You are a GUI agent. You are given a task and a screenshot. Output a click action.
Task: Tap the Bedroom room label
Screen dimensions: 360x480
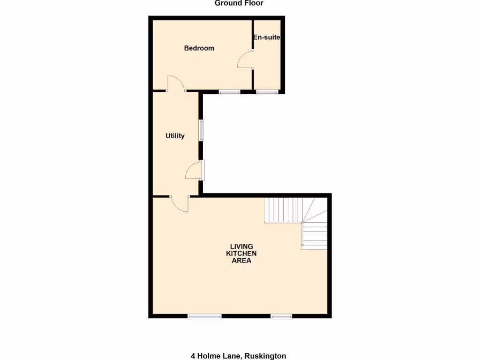pyautogui.click(x=199, y=48)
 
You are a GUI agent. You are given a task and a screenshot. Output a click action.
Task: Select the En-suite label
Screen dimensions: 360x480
pyautogui.click(x=266, y=37)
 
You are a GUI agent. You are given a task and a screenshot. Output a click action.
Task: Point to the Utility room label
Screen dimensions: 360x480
pyautogui.click(x=175, y=136)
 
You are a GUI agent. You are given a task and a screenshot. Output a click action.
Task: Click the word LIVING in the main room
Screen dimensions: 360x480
pyautogui.click(x=241, y=247)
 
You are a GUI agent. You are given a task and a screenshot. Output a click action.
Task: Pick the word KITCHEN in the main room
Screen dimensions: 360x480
pyautogui.click(x=241, y=254)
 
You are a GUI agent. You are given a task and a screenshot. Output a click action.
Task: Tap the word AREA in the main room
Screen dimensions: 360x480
pyautogui.click(x=241, y=261)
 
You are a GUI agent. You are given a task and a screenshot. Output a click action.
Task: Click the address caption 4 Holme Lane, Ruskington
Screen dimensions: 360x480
pyautogui.click(x=238, y=356)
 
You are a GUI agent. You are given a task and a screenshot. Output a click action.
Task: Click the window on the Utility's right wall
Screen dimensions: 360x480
pyautogui.click(x=201, y=130)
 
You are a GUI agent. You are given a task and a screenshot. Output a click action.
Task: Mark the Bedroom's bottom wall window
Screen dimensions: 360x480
pyautogui.click(x=229, y=92)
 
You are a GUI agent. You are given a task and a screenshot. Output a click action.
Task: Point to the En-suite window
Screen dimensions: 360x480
pyautogui.click(x=267, y=92)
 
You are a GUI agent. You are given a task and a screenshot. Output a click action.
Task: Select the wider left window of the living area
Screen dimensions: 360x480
pyautogui.click(x=204, y=317)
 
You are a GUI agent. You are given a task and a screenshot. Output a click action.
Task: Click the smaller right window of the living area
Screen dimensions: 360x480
pyautogui.click(x=281, y=317)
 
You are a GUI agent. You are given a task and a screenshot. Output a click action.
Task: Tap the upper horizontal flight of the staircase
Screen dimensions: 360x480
pyautogui.click(x=283, y=210)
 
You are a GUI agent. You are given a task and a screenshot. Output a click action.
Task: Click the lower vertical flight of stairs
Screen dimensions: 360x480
pyautogui.click(x=315, y=236)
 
